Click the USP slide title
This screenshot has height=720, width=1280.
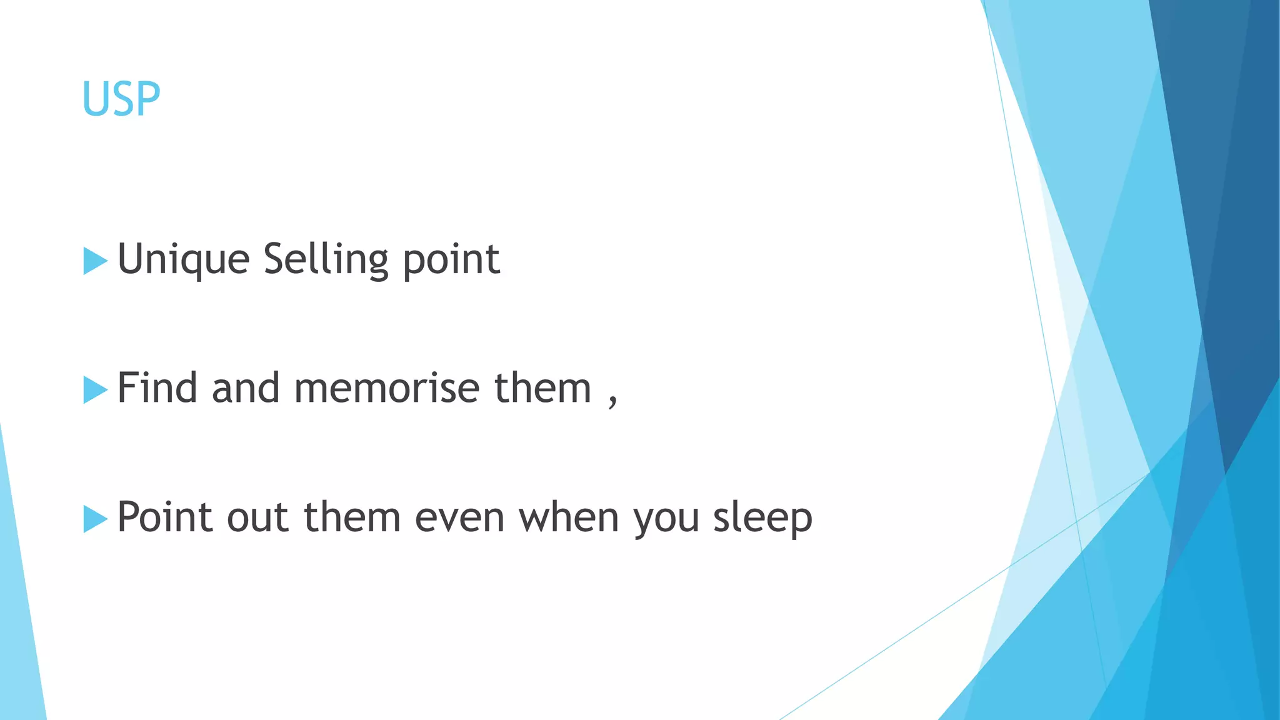coord(121,99)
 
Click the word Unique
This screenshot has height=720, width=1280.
coord(183,259)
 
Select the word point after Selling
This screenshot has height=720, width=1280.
coord(451,259)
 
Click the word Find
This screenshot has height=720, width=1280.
coord(157,388)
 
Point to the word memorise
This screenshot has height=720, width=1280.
coord(387,388)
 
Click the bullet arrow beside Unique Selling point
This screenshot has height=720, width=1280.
coord(95,261)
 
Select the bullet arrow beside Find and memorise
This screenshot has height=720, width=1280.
coord(95,390)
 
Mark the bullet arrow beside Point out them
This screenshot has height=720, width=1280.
coord(95,519)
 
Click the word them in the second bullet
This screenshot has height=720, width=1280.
coord(542,388)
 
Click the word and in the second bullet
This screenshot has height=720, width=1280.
coord(246,388)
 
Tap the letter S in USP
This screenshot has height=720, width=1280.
coord(121,99)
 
